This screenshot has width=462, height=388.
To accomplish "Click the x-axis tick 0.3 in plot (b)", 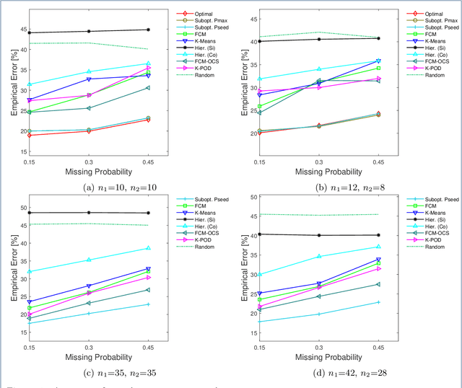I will coord(320,164).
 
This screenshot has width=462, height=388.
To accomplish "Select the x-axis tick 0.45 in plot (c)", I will coord(148,350).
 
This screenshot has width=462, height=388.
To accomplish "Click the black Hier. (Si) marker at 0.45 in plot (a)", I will coord(148,30).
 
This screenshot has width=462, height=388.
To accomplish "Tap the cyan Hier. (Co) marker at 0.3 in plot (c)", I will coord(89,260).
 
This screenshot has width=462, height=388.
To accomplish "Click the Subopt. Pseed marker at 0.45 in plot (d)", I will coord(379,302).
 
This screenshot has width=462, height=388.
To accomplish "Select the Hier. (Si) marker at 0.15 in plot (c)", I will coord(30,213).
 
